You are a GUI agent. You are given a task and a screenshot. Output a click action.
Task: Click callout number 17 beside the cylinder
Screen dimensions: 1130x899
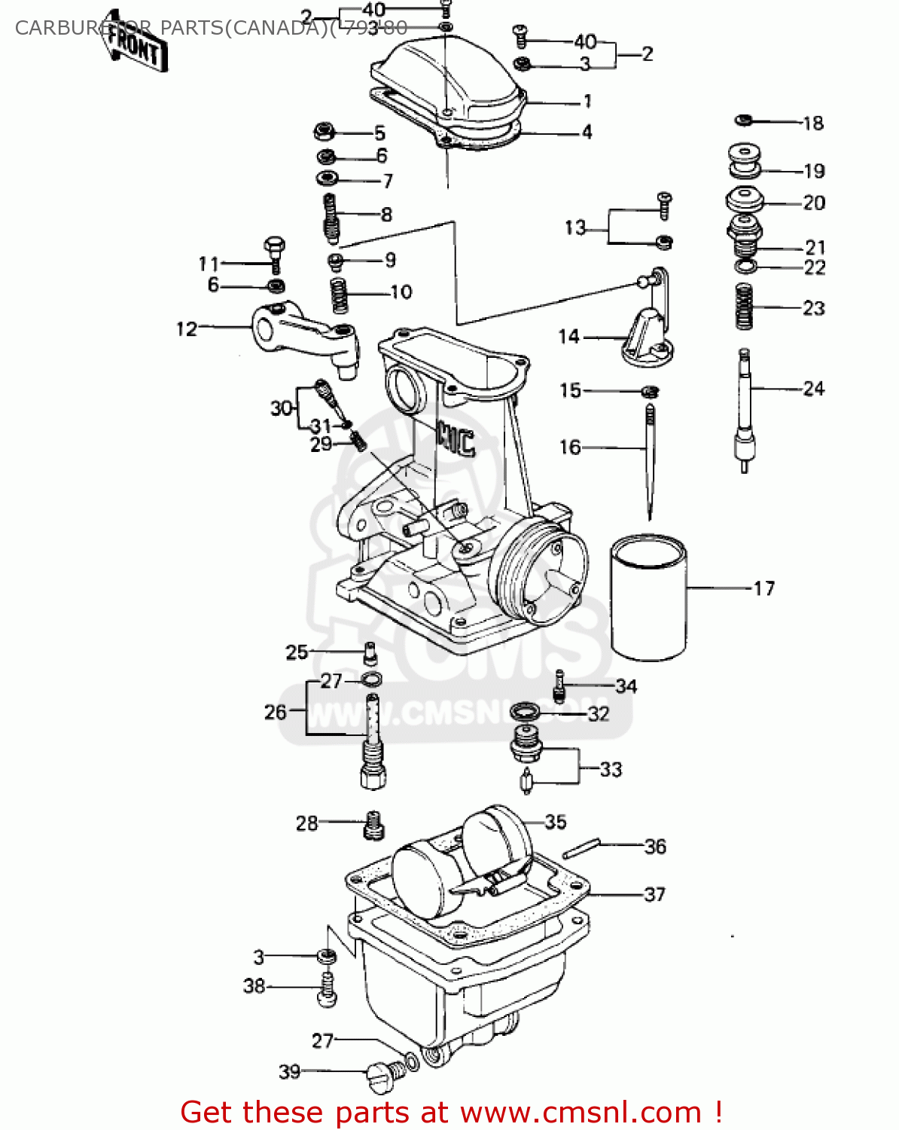click(x=763, y=588)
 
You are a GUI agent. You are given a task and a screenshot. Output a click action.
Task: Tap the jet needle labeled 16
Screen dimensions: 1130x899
click(x=649, y=460)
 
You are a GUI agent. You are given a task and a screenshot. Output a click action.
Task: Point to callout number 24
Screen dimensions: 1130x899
click(x=813, y=389)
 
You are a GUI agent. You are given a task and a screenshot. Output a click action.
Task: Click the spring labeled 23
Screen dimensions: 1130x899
click(x=745, y=306)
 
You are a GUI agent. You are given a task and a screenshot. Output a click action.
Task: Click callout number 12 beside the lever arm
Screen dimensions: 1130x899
click(x=186, y=329)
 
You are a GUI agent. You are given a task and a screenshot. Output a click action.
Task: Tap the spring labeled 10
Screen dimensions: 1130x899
click(x=340, y=295)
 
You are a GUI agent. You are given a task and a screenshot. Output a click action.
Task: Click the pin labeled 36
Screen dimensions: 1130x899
click(x=581, y=847)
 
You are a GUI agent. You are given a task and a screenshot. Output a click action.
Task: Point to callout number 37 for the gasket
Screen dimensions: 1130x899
click(x=654, y=894)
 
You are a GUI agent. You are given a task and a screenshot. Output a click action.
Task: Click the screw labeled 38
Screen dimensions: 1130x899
click(x=327, y=988)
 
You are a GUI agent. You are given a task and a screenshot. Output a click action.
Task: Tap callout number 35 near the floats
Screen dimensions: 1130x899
click(x=555, y=822)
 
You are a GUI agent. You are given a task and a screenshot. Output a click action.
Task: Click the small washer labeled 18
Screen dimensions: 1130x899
click(x=743, y=120)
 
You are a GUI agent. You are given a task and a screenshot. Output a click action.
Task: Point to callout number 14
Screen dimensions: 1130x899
click(x=568, y=337)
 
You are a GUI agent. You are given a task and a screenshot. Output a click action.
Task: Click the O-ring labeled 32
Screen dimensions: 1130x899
click(x=525, y=711)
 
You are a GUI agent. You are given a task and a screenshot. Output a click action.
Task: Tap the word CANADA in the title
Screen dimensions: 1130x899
click(x=274, y=28)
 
